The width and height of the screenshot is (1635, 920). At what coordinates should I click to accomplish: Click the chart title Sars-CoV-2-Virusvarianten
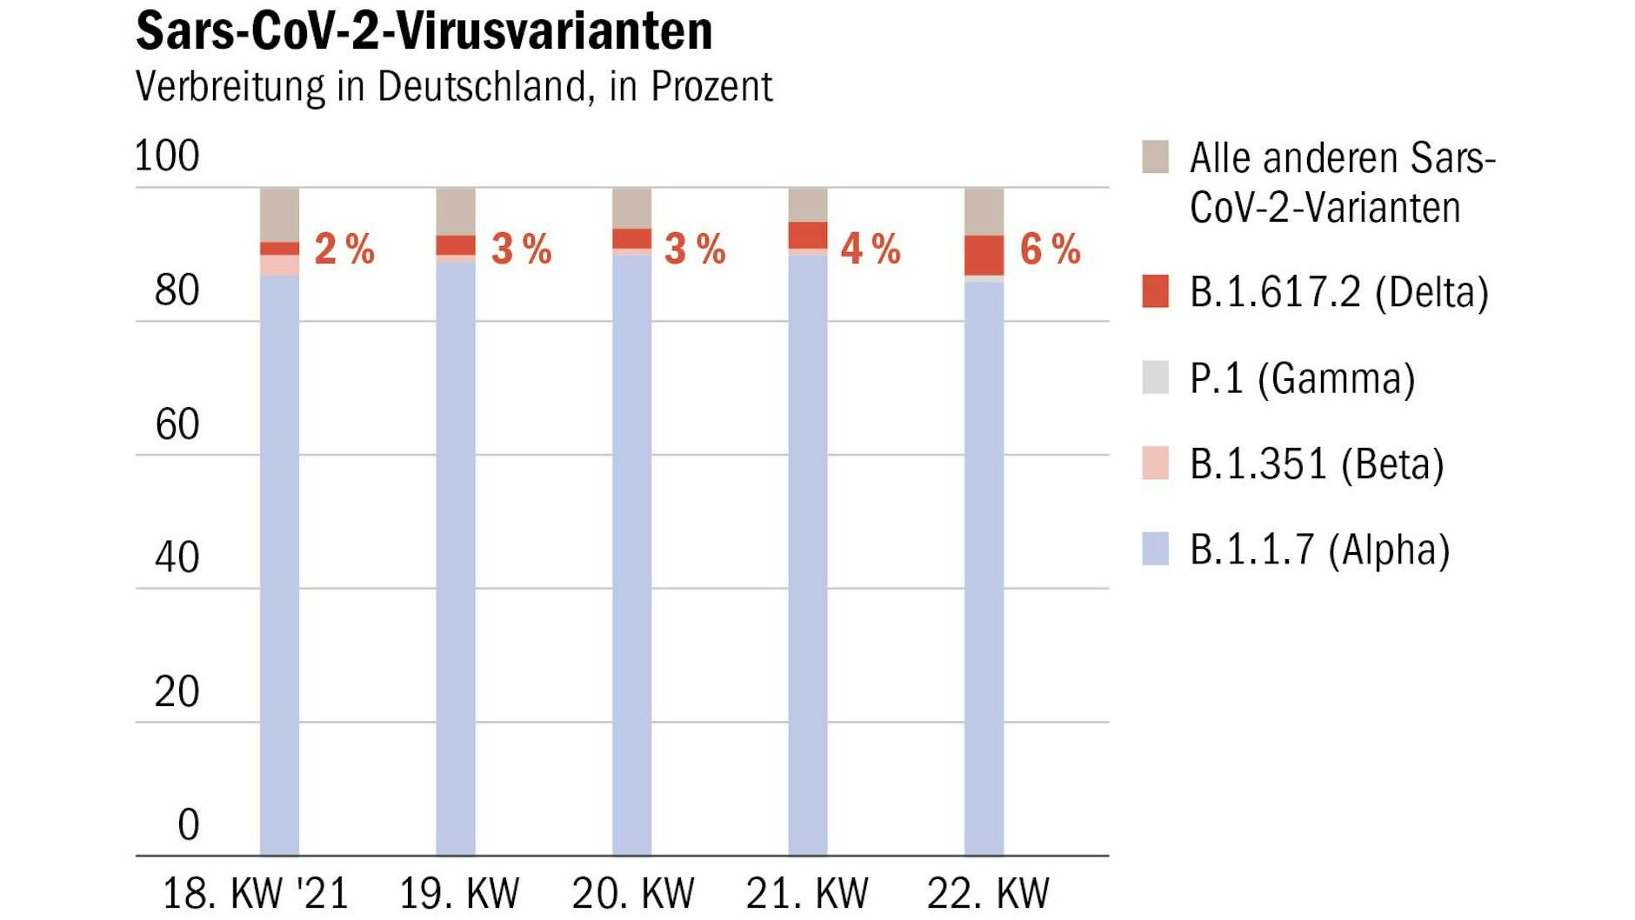424,31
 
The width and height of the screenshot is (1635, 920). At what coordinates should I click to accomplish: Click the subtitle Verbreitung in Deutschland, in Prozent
453,87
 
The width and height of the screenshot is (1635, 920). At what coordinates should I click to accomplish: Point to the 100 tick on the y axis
167,157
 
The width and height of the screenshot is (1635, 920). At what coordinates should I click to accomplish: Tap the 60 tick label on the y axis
177,425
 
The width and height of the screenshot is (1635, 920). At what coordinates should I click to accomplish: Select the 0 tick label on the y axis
188,824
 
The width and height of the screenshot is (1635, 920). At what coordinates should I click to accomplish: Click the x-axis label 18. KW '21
256,893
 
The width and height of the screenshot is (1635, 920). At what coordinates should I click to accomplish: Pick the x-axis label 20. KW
632,893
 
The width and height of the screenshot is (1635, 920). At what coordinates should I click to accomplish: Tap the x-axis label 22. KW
987,893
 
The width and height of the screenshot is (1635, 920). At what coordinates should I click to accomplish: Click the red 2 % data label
344,250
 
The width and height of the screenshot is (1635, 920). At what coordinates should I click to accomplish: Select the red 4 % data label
870,250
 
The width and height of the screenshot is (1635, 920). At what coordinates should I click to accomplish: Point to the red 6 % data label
1050,250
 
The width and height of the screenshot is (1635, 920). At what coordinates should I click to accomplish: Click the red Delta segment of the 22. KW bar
984,256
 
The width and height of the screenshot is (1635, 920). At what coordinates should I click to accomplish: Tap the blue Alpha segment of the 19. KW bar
456,557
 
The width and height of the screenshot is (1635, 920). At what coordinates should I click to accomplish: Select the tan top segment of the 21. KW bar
808,204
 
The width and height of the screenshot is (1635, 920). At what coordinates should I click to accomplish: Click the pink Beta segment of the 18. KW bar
279,265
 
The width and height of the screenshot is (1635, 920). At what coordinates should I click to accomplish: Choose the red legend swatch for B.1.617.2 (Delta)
1155,291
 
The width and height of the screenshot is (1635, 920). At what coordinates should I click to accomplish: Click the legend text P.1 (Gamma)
1302,379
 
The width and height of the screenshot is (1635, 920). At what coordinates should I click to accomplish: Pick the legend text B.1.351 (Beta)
1316,464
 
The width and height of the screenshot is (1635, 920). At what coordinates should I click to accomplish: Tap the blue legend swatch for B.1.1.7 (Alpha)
1155,550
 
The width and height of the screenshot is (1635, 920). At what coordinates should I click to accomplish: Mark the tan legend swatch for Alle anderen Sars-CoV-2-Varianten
1155,157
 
